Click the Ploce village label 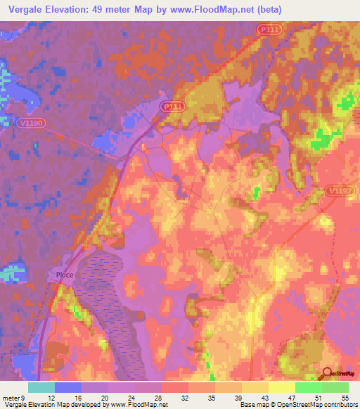65,275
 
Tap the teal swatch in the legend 41,387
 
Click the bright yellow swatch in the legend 282,387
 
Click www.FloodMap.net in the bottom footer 139,405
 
